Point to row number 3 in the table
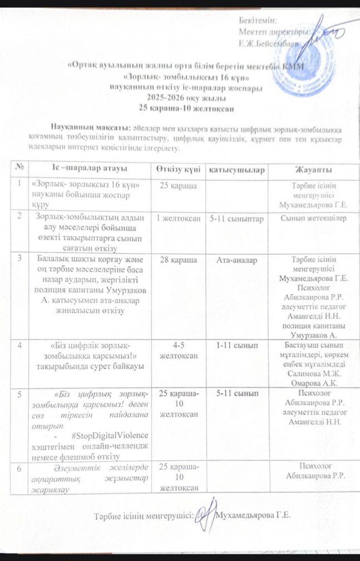[x=19, y=258]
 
